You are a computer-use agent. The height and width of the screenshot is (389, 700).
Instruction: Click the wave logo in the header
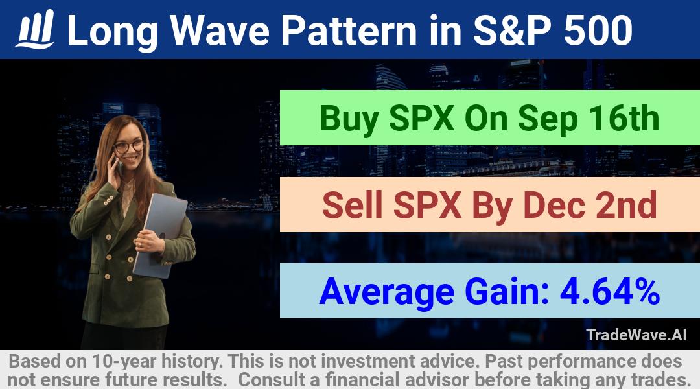[35, 29]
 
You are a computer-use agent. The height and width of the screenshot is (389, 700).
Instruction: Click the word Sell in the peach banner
[352, 204]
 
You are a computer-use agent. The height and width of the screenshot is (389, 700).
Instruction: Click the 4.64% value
[610, 291]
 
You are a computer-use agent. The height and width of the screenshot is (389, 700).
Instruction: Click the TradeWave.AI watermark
[636, 335]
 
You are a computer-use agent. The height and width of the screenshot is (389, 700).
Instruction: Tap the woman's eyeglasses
[128, 147]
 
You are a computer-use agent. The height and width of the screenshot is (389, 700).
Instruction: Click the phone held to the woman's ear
[119, 165]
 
